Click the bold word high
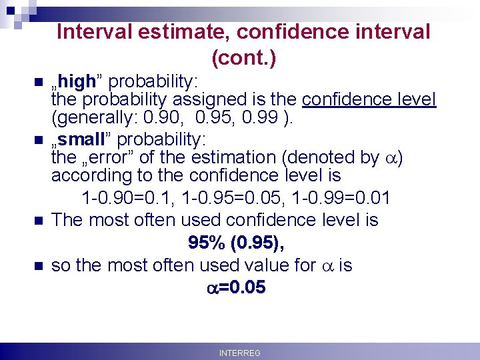coord(77,82)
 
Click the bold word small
coord(81,140)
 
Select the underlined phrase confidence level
coord(369,101)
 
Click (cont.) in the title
coord(243,59)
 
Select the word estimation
coord(241,158)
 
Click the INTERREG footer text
coord(239,353)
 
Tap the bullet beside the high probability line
coord(37,83)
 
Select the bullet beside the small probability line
coord(37,141)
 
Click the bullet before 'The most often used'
coord(37,221)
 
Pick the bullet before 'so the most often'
coord(37,266)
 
